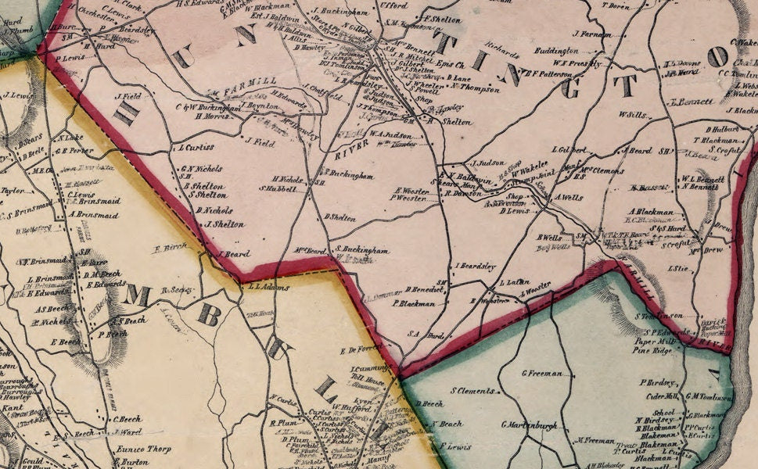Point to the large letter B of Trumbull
tap(210, 314)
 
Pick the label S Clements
tap(472, 390)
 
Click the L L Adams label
tap(268, 287)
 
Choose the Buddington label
tap(556, 51)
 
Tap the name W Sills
tap(631, 114)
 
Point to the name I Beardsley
tap(476, 267)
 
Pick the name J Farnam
tap(591, 34)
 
